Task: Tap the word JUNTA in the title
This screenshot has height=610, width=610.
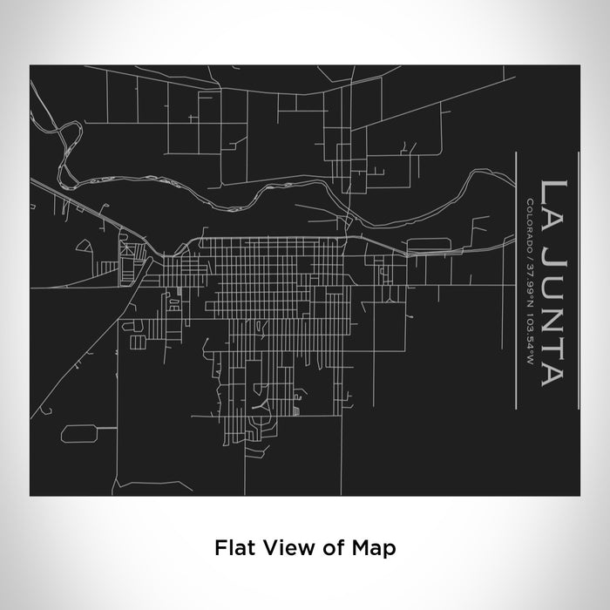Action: pyautogui.click(x=553, y=305)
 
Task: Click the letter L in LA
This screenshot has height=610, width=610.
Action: pyautogui.click(x=553, y=188)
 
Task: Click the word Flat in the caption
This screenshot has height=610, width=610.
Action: pyautogui.click(x=234, y=548)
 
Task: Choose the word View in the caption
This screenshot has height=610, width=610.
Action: pyautogui.click(x=285, y=548)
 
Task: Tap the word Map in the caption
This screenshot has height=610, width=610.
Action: pyautogui.click(x=377, y=548)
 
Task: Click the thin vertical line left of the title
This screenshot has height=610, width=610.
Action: pyautogui.click(x=518, y=279)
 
